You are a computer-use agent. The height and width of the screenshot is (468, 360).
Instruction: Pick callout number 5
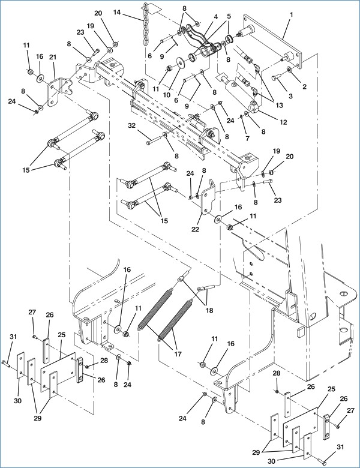tap(228, 17)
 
